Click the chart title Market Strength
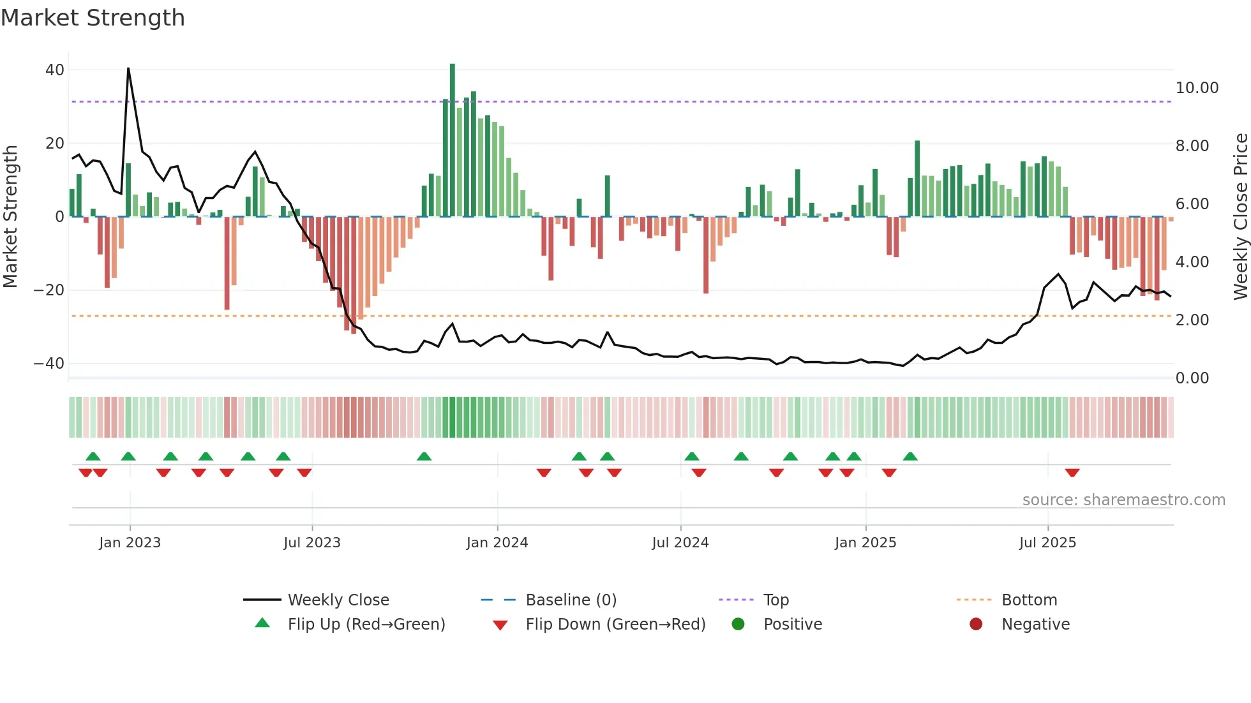[93, 18]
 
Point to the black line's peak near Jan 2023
[128, 69]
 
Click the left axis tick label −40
[49, 364]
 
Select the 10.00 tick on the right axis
[1197, 88]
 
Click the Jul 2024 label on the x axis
[680, 543]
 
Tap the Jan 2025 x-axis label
[865, 543]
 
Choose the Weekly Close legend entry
[338, 600]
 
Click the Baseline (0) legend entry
[571, 600]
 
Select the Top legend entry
[776, 600]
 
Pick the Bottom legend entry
[1029, 600]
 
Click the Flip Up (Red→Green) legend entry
[366, 625]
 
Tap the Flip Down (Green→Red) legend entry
[615, 625]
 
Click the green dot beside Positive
[738, 625]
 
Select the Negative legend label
[1035, 625]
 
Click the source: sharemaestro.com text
[1123, 500]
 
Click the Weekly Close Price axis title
[1240, 217]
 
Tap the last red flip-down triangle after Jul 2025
[1072, 473]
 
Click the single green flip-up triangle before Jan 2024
[424, 456]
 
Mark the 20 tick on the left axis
[55, 144]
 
